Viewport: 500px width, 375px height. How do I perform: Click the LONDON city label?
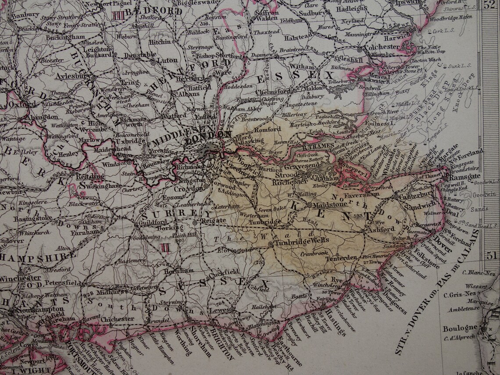pyautogui.click(x=214, y=135)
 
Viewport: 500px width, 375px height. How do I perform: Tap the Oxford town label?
pyautogui.click(x=21, y=104)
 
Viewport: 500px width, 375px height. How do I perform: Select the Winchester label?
pyautogui.click(x=20, y=278)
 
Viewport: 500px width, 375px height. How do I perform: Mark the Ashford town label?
pyautogui.click(x=382, y=229)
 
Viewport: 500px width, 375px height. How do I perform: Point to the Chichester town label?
pyautogui.click(x=117, y=319)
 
